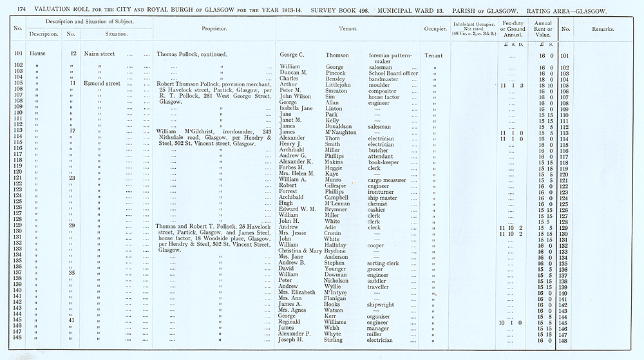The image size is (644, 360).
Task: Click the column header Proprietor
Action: (x=215, y=29)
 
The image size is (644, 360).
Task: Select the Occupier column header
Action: (x=435, y=29)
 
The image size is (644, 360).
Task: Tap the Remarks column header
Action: (x=603, y=29)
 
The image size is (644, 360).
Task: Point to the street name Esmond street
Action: (x=103, y=83)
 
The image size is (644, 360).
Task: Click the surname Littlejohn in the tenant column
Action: (x=341, y=84)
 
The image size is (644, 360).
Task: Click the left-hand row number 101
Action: (x=17, y=54)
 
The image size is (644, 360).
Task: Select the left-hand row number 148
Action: (x=17, y=340)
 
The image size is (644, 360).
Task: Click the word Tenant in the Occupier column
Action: (x=434, y=55)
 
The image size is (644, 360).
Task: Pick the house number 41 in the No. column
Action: (x=72, y=320)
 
